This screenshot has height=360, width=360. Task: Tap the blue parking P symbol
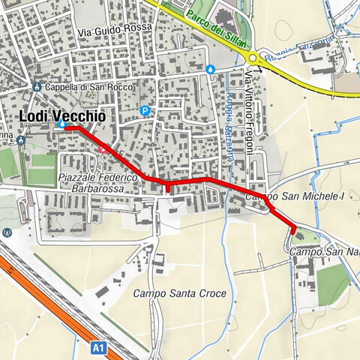pos(145,111)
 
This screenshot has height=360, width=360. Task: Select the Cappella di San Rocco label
pos(82,86)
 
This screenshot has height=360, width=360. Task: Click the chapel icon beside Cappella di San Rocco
pos(37,86)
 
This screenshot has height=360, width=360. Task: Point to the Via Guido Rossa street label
pos(115,31)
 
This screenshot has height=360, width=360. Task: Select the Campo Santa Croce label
pos(179,293)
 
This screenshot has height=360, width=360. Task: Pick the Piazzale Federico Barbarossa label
pos(97,183)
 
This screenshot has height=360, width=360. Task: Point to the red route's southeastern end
pos(293,229)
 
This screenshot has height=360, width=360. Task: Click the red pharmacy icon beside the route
pos(103,148)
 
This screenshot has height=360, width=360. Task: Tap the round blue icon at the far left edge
pos(7,232)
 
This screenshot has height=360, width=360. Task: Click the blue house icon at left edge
pos(21,139)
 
